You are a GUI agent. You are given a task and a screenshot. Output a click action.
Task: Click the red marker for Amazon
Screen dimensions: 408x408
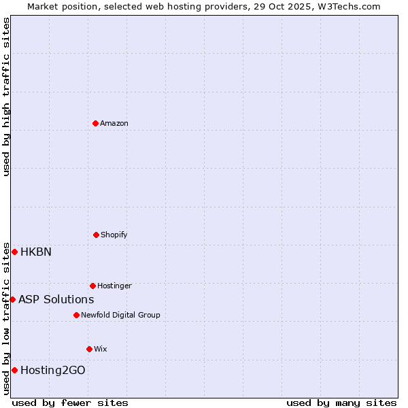coord(96,123)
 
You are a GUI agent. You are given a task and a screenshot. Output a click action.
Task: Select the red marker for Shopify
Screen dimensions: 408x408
coord(96,235)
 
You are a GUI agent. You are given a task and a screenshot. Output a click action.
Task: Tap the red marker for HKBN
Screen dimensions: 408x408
coord(14,252)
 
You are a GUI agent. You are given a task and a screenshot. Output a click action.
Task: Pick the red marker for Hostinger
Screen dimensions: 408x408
coord(92,286)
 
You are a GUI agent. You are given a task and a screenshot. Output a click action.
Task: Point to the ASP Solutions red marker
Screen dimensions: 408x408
coord(12,299)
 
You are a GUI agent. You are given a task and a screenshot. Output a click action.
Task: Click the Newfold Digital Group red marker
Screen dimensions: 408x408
coord(76,315)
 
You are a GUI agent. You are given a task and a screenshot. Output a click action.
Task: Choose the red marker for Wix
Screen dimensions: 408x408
coord(89,349)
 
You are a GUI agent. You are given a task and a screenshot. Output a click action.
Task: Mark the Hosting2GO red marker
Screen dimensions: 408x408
coord(14,370)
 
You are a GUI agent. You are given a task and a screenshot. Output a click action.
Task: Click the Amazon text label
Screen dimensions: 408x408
coord(114,123)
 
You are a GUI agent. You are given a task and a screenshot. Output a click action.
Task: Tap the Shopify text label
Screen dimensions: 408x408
coord(114,235)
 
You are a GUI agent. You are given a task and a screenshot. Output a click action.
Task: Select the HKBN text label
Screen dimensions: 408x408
coord(36,252)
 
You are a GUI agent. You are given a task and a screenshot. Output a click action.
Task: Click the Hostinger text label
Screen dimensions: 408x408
coord(114,286)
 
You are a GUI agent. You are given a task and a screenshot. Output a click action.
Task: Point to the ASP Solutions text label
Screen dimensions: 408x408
coord(56,299)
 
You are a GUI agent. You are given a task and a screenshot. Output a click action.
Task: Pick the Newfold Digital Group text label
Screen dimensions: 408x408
coord(120,315)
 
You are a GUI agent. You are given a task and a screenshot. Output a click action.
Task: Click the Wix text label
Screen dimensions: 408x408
coord(101,349)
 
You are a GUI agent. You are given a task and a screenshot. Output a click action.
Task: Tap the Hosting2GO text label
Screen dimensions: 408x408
coord(53,370)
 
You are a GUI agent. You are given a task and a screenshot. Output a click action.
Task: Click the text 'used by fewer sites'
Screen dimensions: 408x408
coord(70,403)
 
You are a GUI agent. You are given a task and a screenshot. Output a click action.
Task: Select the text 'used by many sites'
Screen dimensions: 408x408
coord(341,403)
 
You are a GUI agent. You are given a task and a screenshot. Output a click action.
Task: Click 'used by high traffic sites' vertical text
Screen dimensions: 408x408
coord(6,97)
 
